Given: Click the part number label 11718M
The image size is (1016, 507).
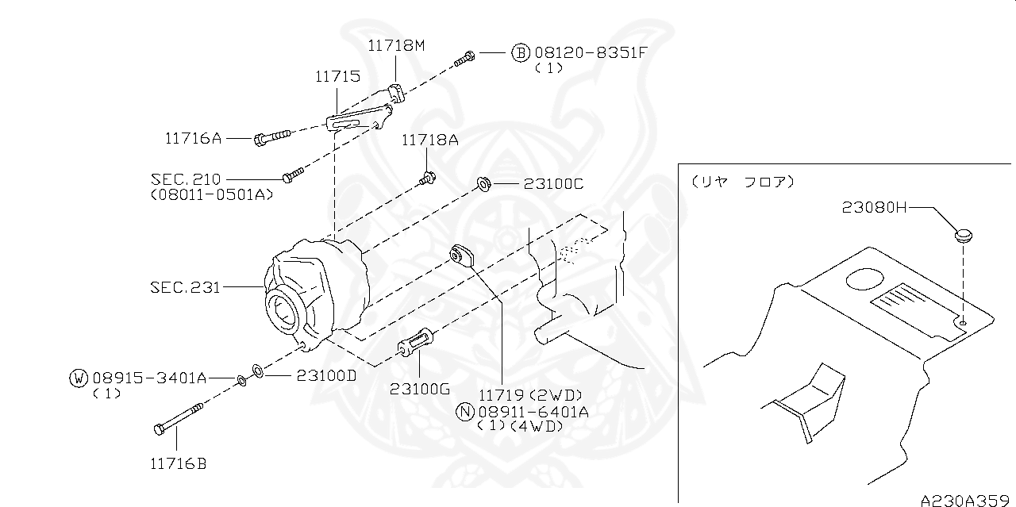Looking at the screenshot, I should click(x=396, y=45).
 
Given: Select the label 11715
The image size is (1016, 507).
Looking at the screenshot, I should click(x=337, y=77).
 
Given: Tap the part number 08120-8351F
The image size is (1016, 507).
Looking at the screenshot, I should click(x=591, y=53).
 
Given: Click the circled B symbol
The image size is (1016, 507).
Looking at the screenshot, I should click(x=520, y=53).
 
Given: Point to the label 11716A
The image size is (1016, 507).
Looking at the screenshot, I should click(x=193, y=138).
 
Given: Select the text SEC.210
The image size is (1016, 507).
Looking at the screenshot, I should click(x=186, y=179).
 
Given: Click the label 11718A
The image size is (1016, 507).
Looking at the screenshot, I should click(x=429, y=140).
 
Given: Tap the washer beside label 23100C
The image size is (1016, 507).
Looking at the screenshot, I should click(x=482, y=185).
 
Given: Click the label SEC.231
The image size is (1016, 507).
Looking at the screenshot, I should click(x=185, y=286).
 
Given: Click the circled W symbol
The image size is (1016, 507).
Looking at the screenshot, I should click(x=77, y=378).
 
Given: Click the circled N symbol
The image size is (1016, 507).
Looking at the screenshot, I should click(x=465, y=411).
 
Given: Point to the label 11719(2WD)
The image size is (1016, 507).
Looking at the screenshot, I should click(x=530, y=394).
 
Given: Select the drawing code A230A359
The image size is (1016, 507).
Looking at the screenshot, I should click(x=967, y=501).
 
